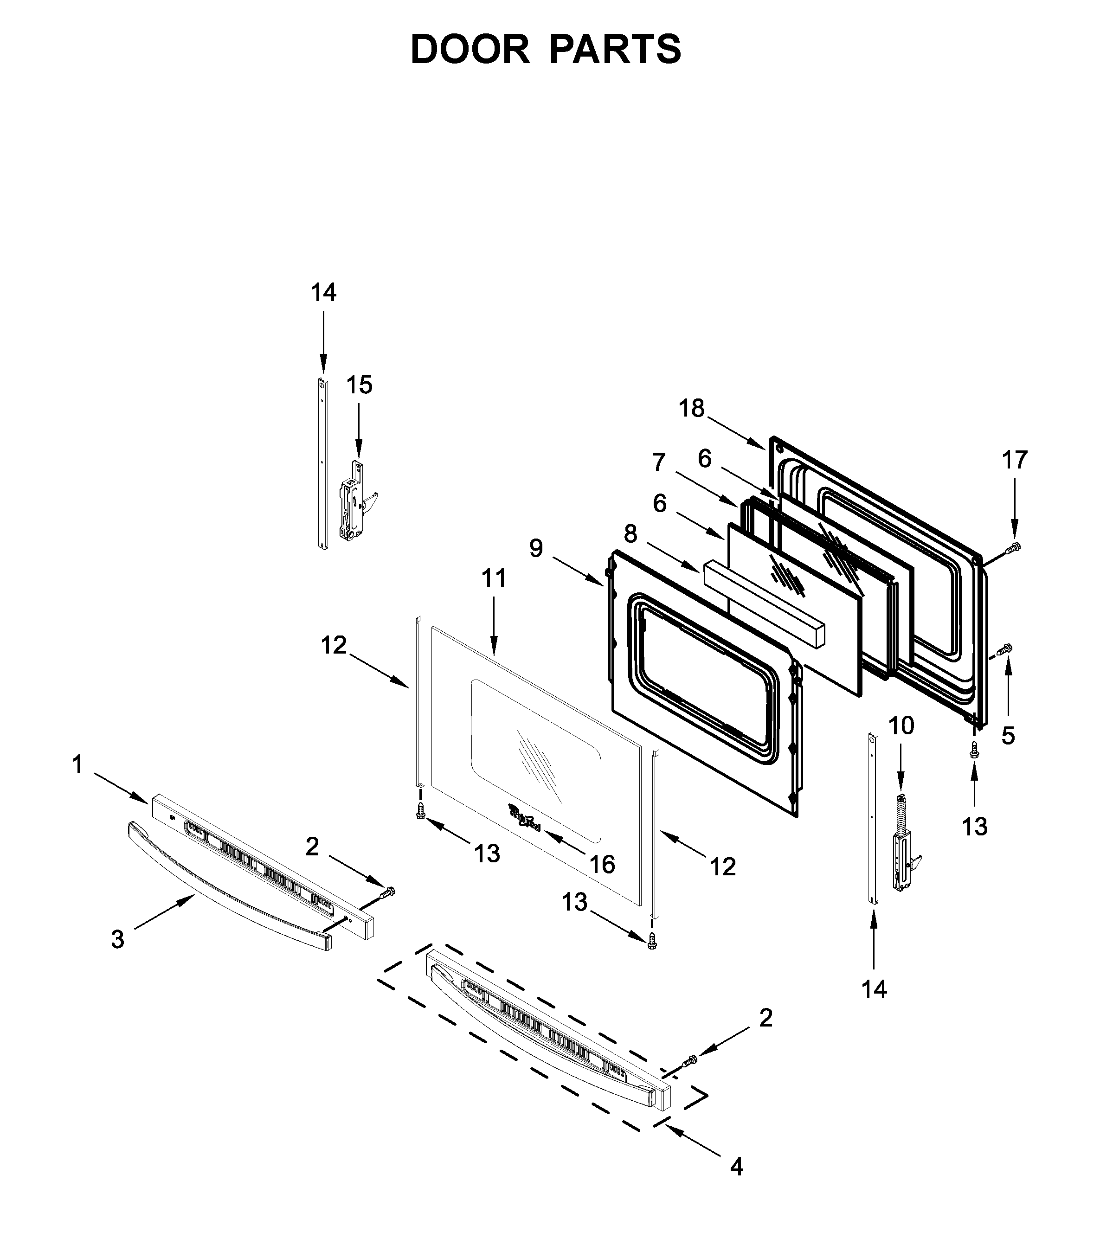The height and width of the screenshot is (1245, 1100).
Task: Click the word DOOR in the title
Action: click(x=470, y=50)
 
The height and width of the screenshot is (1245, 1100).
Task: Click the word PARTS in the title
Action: click(x=615, y=50)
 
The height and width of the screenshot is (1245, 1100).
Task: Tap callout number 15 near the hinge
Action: click(x=360, y=385)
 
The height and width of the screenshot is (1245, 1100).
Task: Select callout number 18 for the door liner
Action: click(x=691, y=408)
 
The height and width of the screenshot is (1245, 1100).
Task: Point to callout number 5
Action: click(x=1008, y=736)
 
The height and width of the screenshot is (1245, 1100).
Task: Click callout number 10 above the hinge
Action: click(x=901, y=725)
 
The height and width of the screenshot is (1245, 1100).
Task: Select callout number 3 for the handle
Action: click(x=117, y=939)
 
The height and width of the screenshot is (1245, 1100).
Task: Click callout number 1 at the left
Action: click(x=77, y=764)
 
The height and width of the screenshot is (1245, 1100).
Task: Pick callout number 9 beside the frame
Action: click(x=535, y=549)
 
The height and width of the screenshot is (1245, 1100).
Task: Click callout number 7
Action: click(x=658, y=462)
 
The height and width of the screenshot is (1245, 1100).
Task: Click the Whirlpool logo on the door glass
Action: click(x=524, y=816)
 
